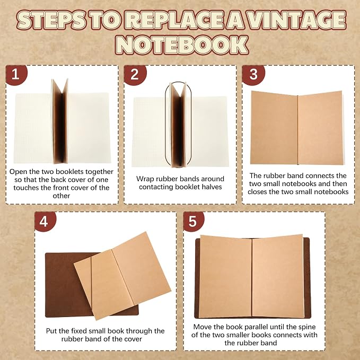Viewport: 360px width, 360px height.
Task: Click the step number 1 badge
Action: [x=16, y=74]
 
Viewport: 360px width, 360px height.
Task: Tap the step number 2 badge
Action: [x=135, y=74]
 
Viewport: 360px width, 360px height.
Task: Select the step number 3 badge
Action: [x=253, y=74]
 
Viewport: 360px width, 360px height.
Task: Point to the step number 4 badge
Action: [x=45, y=221]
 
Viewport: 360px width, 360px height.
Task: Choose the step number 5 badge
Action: [x=194, y=221]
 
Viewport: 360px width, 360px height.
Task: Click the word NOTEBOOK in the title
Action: [x=182, y=45]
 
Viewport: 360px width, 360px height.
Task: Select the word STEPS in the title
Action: [x=51, y=20]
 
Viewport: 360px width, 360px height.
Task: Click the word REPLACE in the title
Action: [x=174, y=20]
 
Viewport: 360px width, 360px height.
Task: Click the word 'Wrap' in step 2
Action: [x=144, y=179]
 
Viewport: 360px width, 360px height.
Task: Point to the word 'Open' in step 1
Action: [x=17, y=172]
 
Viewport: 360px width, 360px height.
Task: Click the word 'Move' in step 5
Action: [x=201, y=327]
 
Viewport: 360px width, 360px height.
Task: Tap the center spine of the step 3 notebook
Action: [x=298, y=130]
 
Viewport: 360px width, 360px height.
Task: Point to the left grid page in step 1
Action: [x=33, y=128]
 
